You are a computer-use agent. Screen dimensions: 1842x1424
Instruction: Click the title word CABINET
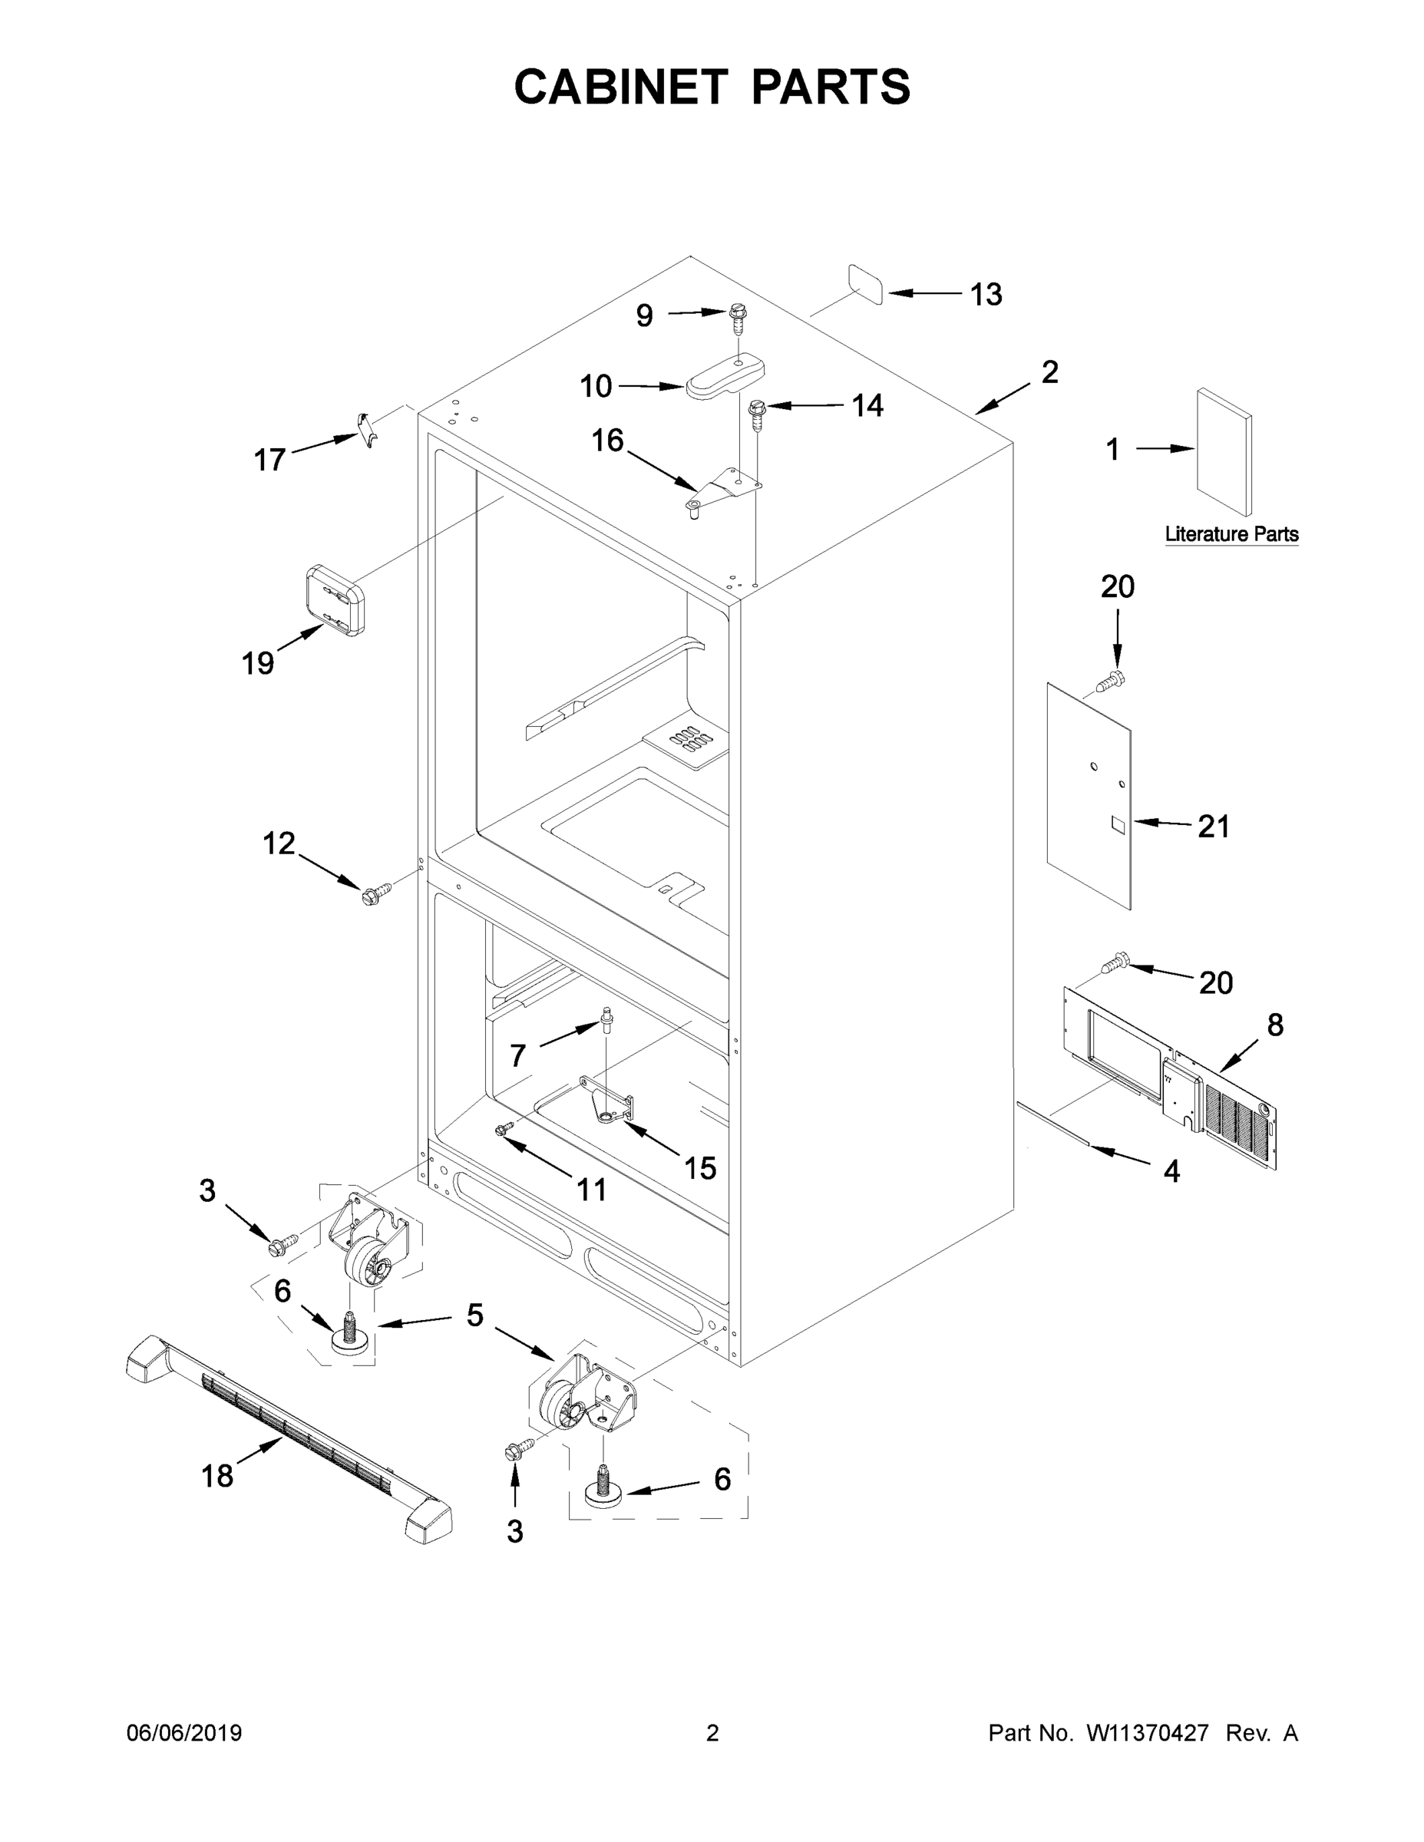pos(620,87)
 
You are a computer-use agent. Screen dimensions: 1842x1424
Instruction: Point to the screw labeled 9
pos(739,319)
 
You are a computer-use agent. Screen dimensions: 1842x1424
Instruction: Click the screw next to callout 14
pos(757,413)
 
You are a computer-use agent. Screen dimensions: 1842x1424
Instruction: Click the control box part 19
pos(335,599)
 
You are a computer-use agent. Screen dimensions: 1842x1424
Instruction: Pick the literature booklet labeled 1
pos(1223,451)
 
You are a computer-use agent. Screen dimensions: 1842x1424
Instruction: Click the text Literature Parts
pos(1231,534)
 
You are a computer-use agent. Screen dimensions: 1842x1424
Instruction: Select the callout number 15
pos(699,1168)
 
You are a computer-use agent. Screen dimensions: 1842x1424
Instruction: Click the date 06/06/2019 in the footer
pos(184,1732)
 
